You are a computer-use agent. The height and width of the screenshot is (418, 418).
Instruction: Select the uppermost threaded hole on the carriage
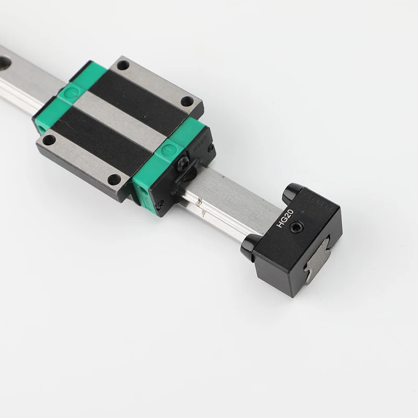click(123, 65)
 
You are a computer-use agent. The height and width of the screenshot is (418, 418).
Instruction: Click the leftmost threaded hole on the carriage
click(49, 140)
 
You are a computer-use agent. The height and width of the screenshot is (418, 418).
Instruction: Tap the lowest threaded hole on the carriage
click(114, 179)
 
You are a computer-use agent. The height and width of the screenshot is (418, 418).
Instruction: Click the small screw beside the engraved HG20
click(211, 150)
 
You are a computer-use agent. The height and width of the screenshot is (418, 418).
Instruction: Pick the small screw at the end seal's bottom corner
click(162, 203)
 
